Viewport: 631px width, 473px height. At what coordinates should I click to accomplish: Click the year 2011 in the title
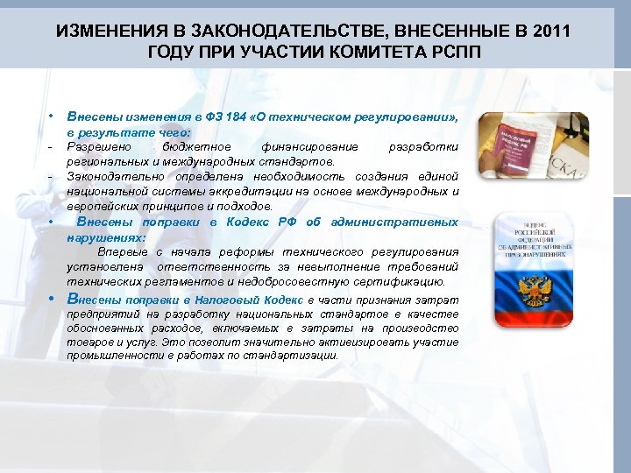coord(549,32)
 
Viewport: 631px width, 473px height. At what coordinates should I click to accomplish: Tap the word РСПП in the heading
coord(456,51)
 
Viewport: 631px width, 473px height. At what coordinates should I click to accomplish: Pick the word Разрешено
coord(95,147)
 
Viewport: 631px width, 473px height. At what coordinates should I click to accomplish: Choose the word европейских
coord(103,206)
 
